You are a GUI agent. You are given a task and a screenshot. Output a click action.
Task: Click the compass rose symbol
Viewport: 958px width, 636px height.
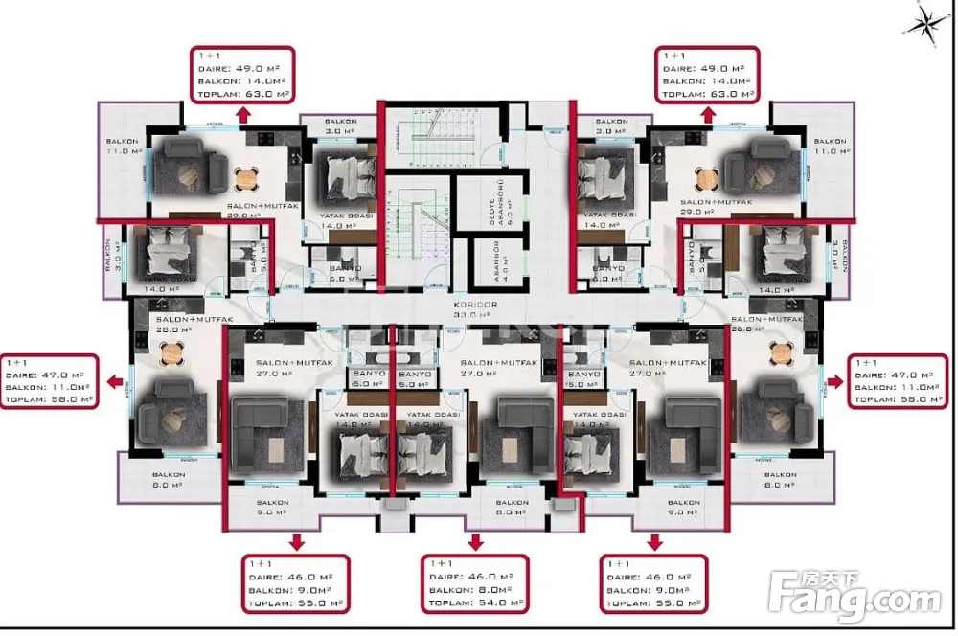click(x=924, y=24)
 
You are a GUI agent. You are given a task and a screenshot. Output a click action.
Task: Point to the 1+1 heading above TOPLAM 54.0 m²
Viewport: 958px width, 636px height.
click(x=442, y=563)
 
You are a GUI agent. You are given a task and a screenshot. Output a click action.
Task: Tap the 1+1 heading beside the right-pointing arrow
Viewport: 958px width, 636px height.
click(x=865, y=364)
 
